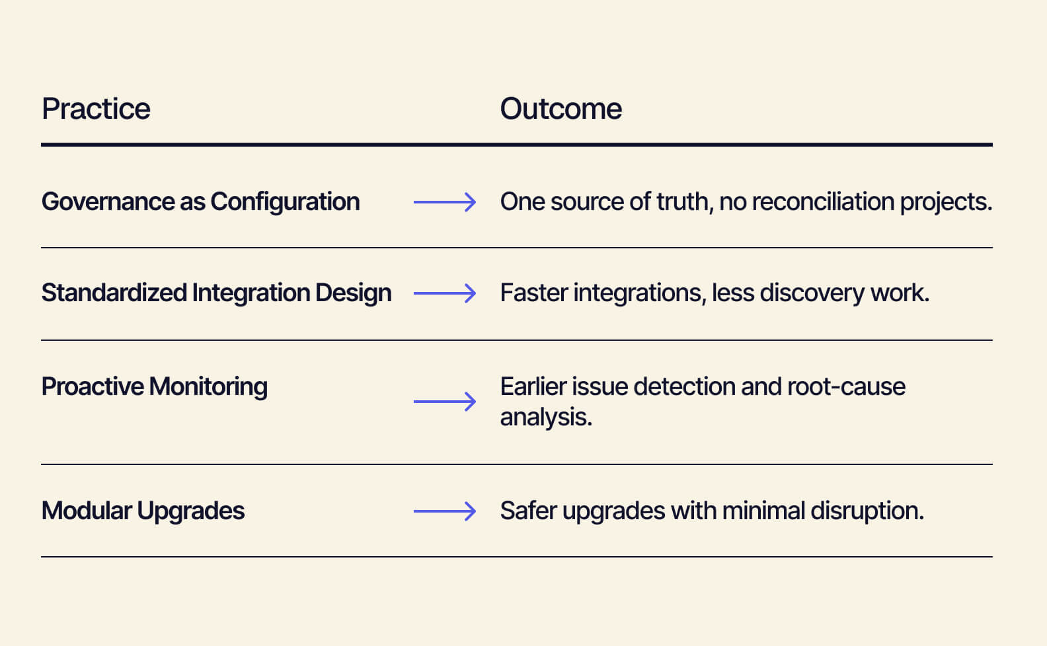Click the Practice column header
[96, 109]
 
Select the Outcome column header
[561, 109]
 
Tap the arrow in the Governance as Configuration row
[444, 202]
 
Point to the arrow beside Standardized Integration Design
[444, 293]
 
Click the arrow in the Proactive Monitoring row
[444, 402]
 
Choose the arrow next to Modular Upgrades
[444, 511]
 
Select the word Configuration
[285, 202]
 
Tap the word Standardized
[114, 293]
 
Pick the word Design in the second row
[354, 293]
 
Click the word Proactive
[93, 386]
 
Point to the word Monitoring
[208, 387]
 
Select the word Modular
[87, 511]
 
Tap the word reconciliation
[823, 201]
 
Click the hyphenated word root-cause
[847, 387]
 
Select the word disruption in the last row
[867, 511]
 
